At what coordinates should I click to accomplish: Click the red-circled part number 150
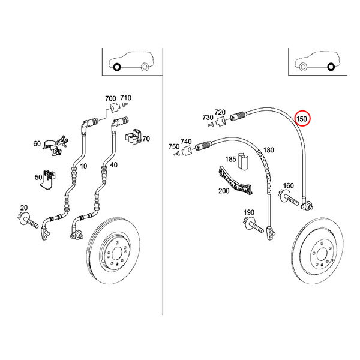(x=301, y=119)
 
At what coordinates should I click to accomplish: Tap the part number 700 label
(x=110, y=98)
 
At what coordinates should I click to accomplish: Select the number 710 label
(x=126, y=98)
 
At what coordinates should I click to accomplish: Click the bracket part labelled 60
(x=55, y=145)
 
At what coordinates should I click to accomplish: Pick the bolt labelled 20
(x=28, y=220)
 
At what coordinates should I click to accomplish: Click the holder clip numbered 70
(x=133, y=137)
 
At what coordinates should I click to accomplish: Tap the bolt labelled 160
(x=289, y=197)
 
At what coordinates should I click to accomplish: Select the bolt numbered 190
(x=254, y=225)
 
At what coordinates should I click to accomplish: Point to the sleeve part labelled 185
(x=242, y=161)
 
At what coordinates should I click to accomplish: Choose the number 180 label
(x=269, y=150)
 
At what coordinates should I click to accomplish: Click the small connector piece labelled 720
(x=221, y=121)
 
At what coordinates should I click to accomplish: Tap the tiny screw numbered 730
(x=209, y=124)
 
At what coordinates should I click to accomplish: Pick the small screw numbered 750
(x=176, y=154)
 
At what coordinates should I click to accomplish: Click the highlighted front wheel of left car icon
(x=117, y=67)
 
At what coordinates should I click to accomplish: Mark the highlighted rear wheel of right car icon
(x=331, y=67)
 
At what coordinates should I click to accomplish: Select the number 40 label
(x=113, y=164)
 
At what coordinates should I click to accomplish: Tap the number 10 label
(x=83, y=166)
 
